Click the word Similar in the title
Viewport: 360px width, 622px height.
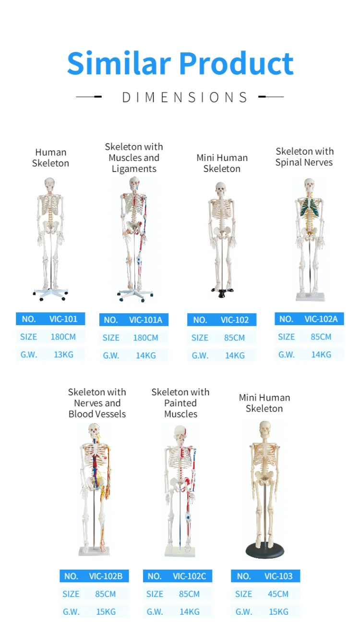coord(119,63)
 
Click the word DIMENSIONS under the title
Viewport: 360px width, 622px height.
coord(185,98)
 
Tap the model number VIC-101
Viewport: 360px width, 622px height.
coord(63,319)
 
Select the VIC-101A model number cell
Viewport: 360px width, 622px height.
coord(145,320)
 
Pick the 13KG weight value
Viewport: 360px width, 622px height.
coord(63,355)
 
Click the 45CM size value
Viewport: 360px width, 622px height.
coord(278,594)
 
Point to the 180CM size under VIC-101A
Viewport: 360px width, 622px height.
coord(145,338)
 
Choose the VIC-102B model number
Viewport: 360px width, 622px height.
coord(106,576)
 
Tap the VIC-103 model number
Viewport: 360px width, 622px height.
coord(278,576)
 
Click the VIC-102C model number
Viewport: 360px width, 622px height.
coord(189,576)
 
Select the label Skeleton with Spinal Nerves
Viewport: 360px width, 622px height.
coord(304,157)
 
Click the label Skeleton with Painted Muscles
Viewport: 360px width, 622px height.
coord(180,403)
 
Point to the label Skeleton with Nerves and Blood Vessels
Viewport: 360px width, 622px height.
coord(97,403)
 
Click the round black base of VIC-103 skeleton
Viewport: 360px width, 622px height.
coord(264,550)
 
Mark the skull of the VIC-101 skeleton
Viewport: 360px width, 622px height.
coord(49,184)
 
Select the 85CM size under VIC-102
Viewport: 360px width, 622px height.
coord(234,338)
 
